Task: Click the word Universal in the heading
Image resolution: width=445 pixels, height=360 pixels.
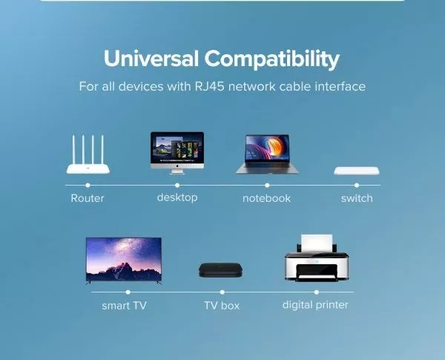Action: tap(151, 58)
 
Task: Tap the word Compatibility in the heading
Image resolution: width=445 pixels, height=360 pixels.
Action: tap(272, 59)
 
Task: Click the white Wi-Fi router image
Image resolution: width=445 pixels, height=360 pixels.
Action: tap(88, 154)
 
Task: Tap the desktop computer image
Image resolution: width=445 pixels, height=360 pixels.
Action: tap(177, 153)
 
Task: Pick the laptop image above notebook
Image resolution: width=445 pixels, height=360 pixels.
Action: tap(267, 154)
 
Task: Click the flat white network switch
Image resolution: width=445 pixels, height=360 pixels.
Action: tap(357, 171)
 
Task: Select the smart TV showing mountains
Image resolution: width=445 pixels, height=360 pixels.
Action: tap(123, 261)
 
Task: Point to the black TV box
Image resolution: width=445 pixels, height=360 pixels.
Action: tap(220, 270)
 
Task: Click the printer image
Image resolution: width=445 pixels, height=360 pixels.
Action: tap(317, 258)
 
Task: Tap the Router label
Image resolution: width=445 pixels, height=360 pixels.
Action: tap(88, 198)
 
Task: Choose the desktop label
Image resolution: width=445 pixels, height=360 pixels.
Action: tap(177, 197)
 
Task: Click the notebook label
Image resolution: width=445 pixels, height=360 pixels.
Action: tap(267, 198)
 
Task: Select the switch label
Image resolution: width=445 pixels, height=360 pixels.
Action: tap(357, 198)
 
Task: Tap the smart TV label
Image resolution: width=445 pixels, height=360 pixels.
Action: tap(124, 306)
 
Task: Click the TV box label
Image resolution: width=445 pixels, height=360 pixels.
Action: tap(222, 306)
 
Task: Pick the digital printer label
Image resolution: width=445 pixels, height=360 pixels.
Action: tap(315, 305)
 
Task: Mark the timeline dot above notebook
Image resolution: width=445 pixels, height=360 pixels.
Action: tap(267, 186)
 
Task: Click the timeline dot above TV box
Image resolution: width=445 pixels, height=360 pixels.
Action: tap(222, 292)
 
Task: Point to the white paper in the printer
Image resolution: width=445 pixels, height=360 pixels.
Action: tap(317, 243)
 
